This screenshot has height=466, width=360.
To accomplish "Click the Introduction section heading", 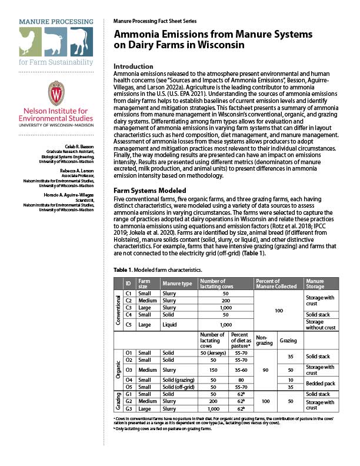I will point(133,66).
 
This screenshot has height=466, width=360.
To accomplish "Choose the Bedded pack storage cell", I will point(320,384).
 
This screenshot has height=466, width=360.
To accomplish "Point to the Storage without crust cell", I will point(320,324).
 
